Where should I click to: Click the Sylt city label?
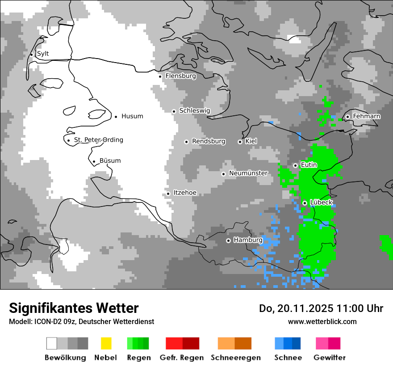(43, 54)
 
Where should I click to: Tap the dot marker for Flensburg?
(160, 76)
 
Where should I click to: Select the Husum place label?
(132, 116)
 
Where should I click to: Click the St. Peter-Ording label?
(98, 140)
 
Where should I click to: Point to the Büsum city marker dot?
(94, 162)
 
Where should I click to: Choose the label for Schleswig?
(194, 110)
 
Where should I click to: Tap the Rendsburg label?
(209, 141)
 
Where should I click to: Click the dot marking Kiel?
(240, 142)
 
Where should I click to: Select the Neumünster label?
(248, 173)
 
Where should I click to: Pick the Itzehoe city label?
(185, 193)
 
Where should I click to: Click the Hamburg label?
(248, 240)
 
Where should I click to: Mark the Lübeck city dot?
(305, 203)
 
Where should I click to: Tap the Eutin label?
(309, 165)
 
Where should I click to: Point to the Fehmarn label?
(366, 116)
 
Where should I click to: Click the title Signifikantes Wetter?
(74, 308)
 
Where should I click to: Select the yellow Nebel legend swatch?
(106, 343)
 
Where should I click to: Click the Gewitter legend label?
(329, 358)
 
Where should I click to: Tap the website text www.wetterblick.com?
(322, 321)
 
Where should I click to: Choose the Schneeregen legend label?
(235, 358)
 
